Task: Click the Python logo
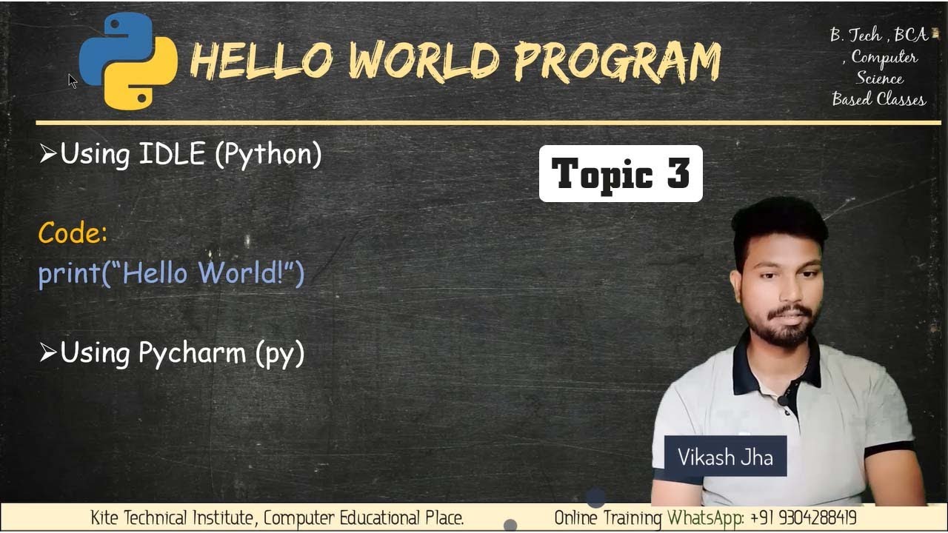[128, 61]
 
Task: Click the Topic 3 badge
[621, 174]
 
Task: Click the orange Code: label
[73, 233]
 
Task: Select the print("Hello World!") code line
[171, 273]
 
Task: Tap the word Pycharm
[192, 353]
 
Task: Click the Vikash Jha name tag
[725, 457]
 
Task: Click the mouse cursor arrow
[73, 81]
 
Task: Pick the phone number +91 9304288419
[804, 517]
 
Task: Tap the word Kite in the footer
[104, 517]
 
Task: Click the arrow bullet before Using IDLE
[48, 154]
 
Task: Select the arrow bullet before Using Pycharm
[48, 353]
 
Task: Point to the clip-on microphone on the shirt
[782, 400]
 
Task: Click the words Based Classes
[878, 99]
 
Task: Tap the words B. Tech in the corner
[855, 35]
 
